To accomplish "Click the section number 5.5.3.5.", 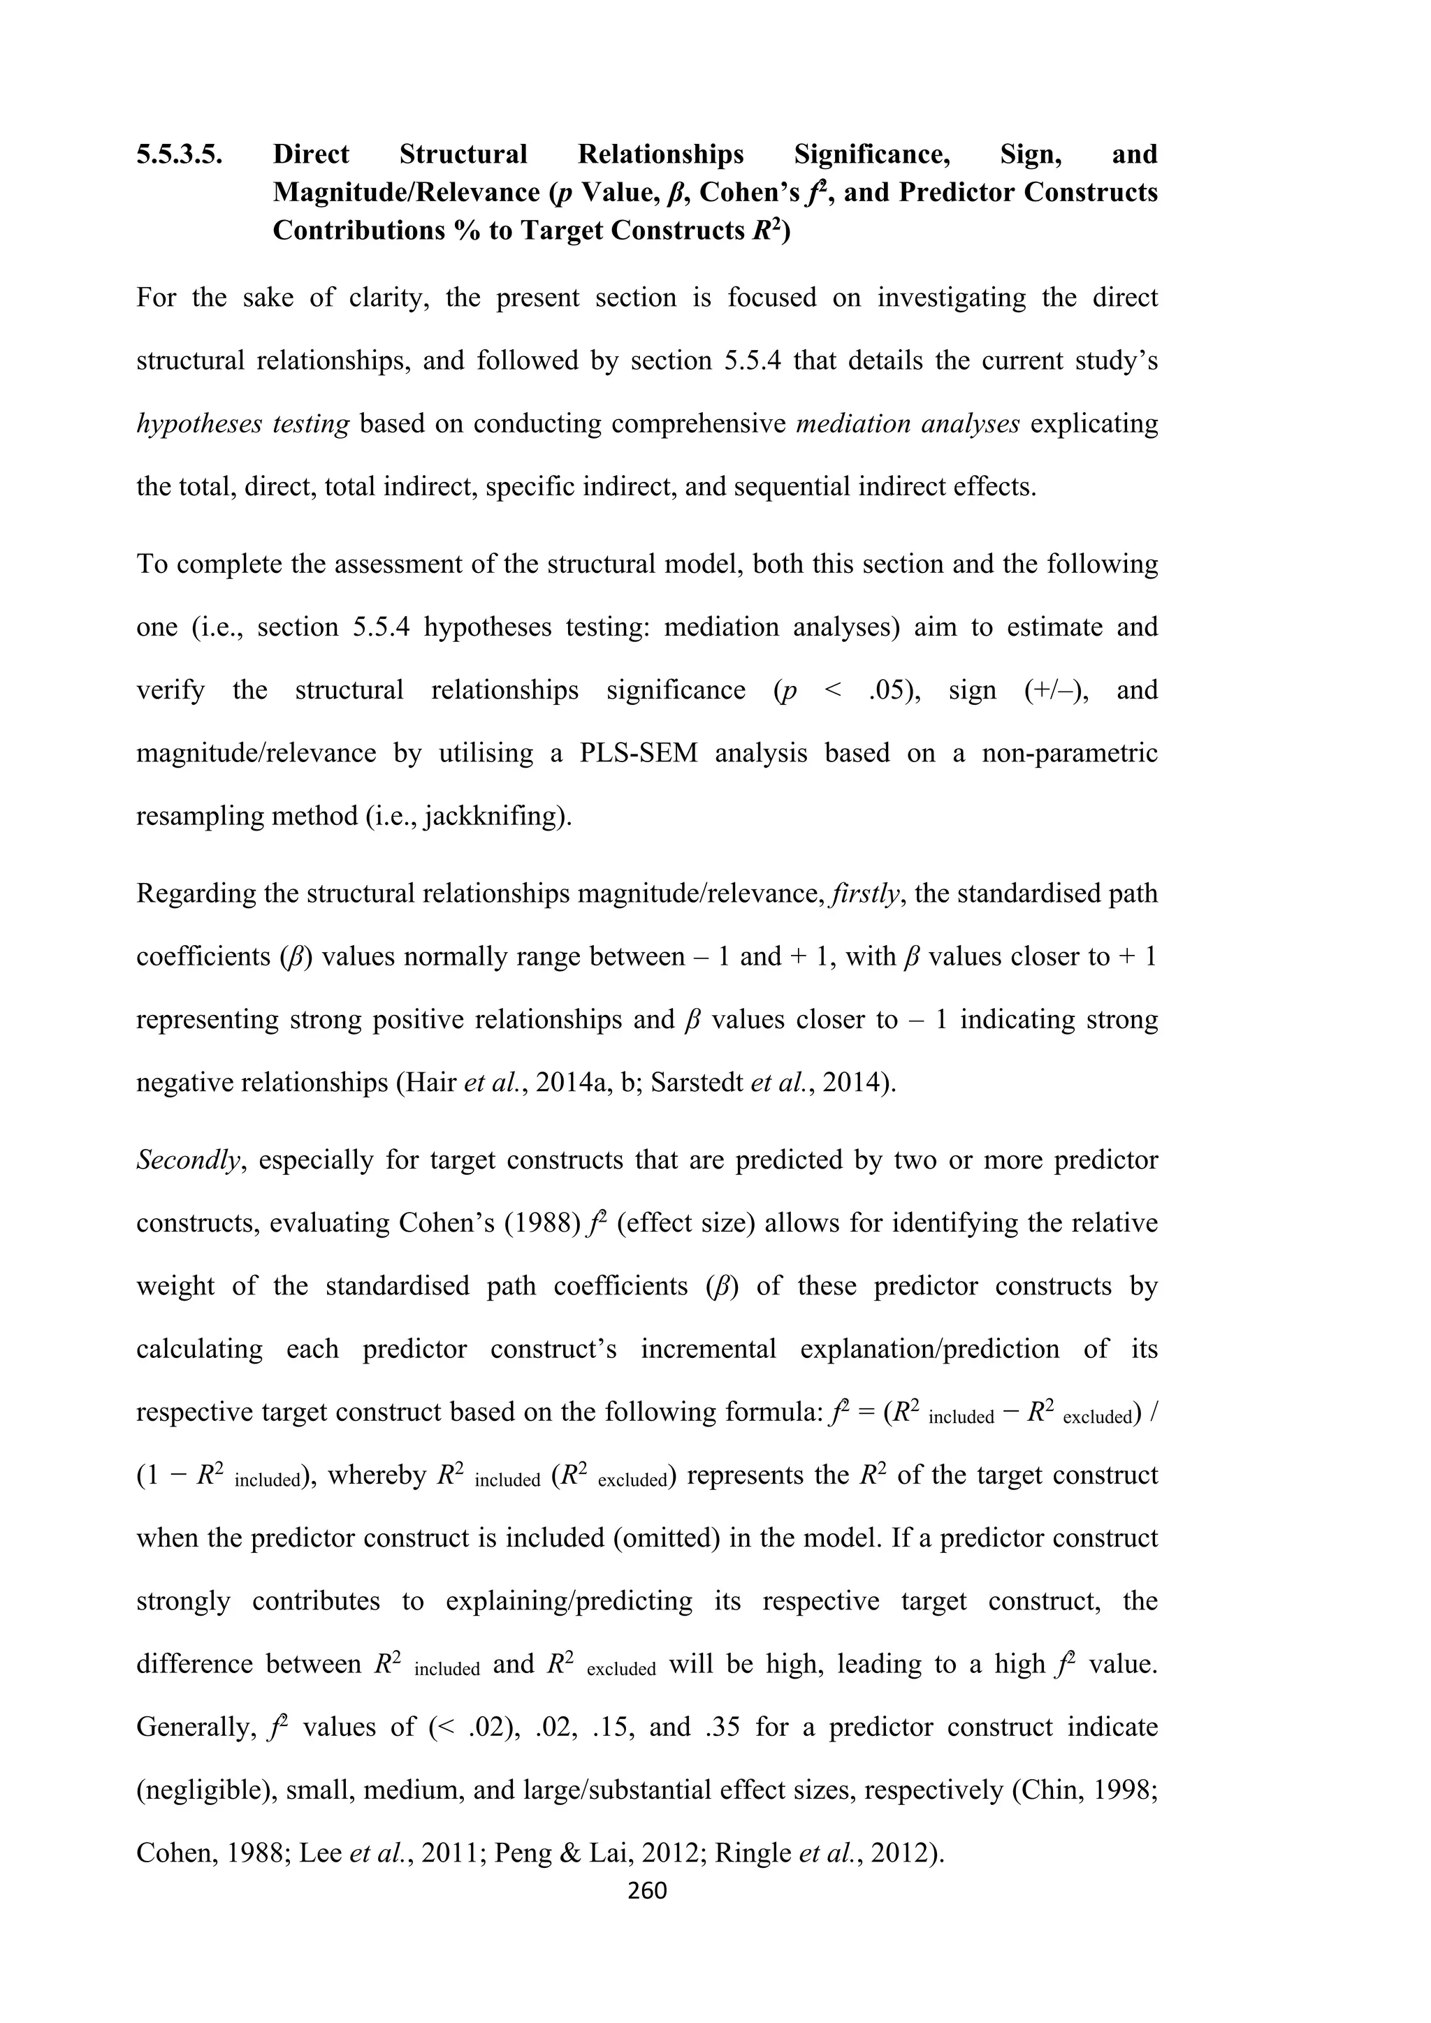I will (x=179, y=155).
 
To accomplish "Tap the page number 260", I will (x=647, y=1890).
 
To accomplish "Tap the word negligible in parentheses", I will (x=202, y=1790).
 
